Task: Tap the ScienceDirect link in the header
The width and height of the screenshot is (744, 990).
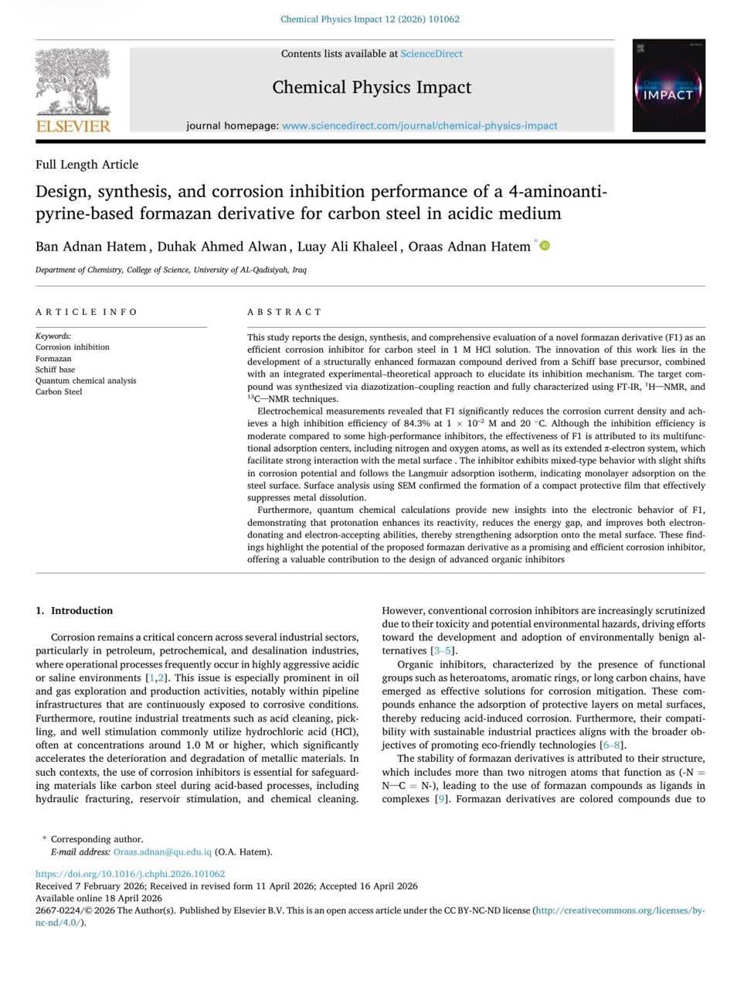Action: (x=431, y=53)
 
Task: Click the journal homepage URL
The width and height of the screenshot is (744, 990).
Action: (x=420, y=125)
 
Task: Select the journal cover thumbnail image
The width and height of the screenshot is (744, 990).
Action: (x=668, y=86)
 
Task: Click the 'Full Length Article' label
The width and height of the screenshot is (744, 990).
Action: (x=87, y=164)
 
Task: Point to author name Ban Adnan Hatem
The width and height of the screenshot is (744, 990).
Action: (x=90, y=247)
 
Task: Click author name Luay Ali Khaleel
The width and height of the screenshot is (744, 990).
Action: (x=348, y=247)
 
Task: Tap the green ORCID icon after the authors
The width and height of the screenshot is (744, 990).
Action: (x=545, y=246)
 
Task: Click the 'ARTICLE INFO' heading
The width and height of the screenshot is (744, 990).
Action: (x=87, y=312)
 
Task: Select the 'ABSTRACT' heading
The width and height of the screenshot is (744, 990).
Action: (x=284, y=312)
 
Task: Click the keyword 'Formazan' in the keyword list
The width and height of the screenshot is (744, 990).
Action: (x=53, y=358)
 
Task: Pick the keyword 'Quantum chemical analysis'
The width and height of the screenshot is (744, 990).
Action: (x=86, y=381)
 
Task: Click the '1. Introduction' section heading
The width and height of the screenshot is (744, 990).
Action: (x=74, y=610)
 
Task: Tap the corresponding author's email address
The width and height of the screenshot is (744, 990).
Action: (x=162, y=852)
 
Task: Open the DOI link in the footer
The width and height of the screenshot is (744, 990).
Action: (x=130, y=874)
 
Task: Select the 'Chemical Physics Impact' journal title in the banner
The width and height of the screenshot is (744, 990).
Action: (x=372, y=87)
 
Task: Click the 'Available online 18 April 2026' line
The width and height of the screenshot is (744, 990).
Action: (x=99, y=898)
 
